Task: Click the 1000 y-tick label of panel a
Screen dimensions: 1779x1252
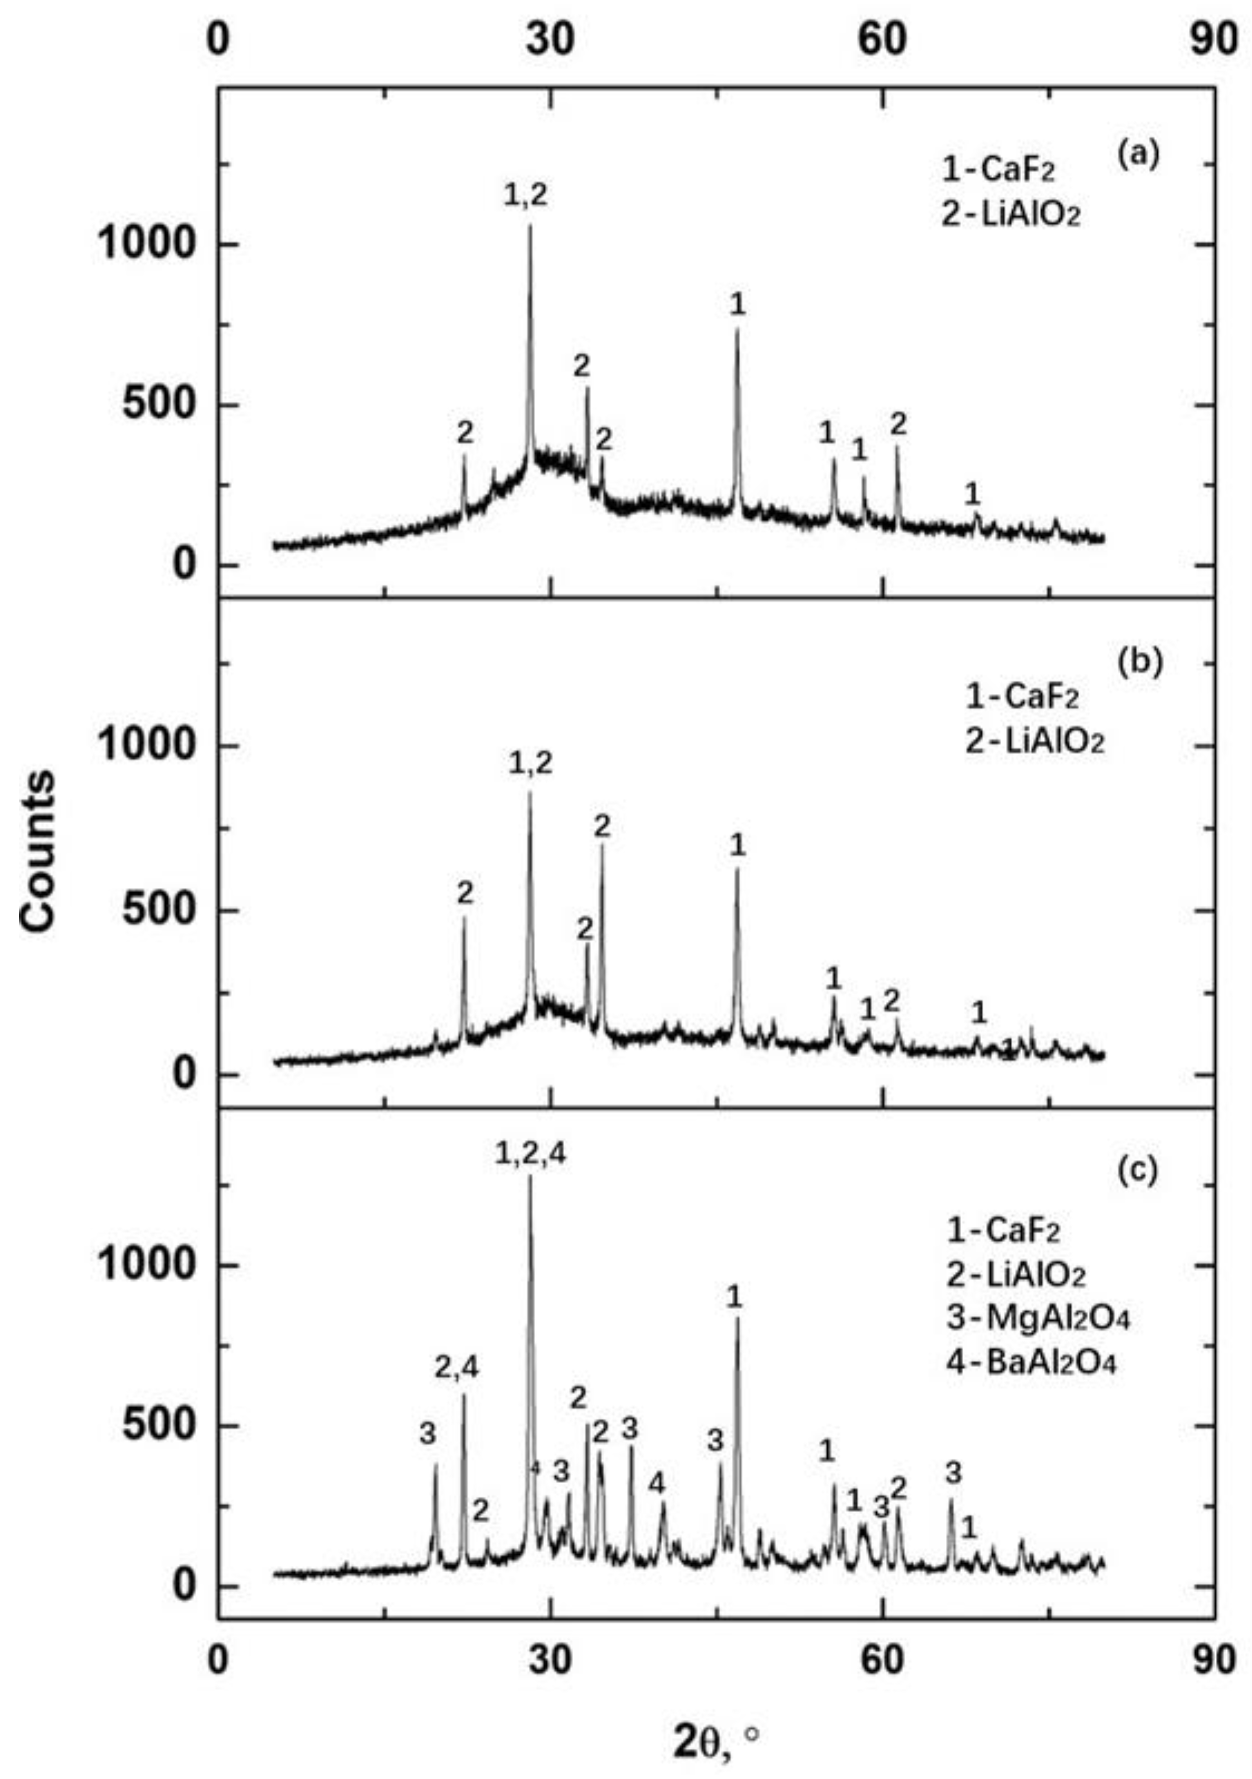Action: pyautogui.click(x=145, y=244)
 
